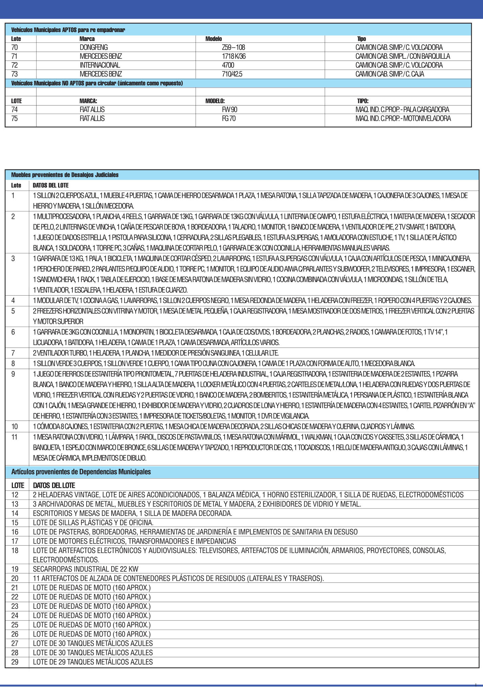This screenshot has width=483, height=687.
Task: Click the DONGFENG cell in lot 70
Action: click(94, 47)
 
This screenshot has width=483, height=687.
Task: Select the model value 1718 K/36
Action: click(233, 56)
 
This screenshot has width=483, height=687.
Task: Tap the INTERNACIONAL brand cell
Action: click(100, 65)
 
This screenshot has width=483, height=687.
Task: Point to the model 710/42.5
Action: click(232, 74)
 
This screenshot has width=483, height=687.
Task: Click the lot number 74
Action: click(15, 110)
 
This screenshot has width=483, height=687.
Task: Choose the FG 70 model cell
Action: click(229, 118)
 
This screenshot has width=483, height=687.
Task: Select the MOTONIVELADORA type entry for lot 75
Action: click(403, 118)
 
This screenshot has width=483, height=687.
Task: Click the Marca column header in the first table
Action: click(87, 39)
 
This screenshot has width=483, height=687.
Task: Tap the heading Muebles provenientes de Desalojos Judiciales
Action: click(65, 175)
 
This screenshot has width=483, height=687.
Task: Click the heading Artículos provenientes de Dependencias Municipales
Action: click(81, 472)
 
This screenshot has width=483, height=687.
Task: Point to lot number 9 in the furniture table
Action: click(13, 374)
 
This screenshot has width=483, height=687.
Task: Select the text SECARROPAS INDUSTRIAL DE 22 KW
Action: click(86, 569)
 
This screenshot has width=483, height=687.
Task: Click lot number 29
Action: click(15, 662)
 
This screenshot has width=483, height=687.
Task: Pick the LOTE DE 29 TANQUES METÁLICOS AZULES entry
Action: click(93, 662)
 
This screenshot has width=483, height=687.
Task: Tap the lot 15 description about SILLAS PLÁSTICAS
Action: click(93, 522)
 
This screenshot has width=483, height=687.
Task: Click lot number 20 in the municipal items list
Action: click(15, 578)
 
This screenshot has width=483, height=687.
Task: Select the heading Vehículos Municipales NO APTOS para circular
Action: click(97, 83)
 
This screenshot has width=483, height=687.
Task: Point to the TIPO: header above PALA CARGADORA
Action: click(363, 101)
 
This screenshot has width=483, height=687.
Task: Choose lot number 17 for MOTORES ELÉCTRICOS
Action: click(15, 541)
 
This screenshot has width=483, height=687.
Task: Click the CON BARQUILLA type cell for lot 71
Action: click(402, 56)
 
